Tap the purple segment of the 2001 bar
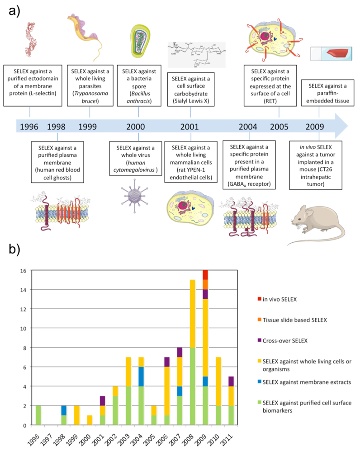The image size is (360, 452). pos(103,401)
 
